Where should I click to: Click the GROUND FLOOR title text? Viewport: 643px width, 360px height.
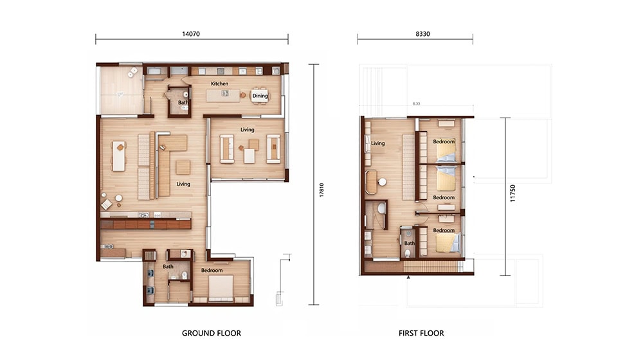click(x=211, y=333)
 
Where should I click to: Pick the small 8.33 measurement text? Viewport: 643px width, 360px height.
click(x=417, y=104)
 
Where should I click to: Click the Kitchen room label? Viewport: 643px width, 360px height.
click(x=220, y=84)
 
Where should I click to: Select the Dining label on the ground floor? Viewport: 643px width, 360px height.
click(x=260, y=96)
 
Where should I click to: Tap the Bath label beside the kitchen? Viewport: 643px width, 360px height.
click(x=183, y=102)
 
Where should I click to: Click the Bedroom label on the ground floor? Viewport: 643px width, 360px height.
click(x=212, y=271)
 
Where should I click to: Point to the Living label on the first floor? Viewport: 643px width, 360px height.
click(x=377, y=143)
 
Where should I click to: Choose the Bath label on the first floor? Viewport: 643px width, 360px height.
click(x=410, y=243)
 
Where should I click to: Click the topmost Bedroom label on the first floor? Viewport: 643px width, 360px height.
click(x=444, y=141)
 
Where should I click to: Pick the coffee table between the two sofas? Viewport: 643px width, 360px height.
click(x=249, y=155)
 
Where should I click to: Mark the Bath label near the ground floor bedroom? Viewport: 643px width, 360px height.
click(x=168, y=266)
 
